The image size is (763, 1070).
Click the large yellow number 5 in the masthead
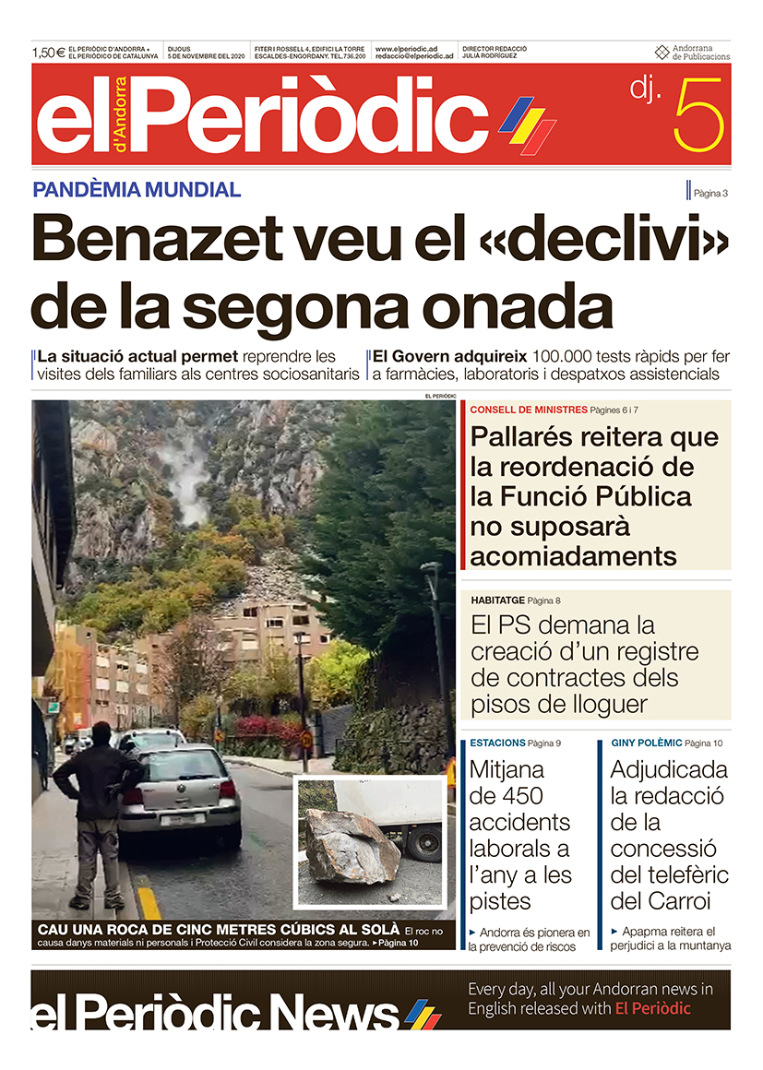click(698, 115)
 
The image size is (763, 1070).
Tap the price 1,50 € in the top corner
click(48, 53)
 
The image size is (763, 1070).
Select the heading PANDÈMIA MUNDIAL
click(137, 190)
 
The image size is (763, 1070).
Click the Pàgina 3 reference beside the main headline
click(710, 193)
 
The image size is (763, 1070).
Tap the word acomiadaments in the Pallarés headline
click(573, 556)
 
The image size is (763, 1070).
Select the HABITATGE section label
click(497, 600)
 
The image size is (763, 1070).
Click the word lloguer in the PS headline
click(586, 705)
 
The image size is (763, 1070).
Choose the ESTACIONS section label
click(497, 743)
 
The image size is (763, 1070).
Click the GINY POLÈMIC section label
click(646, 743)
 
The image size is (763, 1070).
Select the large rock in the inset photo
click(350, 846)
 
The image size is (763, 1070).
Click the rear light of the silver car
click(227, 790)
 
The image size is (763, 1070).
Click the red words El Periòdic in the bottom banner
click(652, 1008)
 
